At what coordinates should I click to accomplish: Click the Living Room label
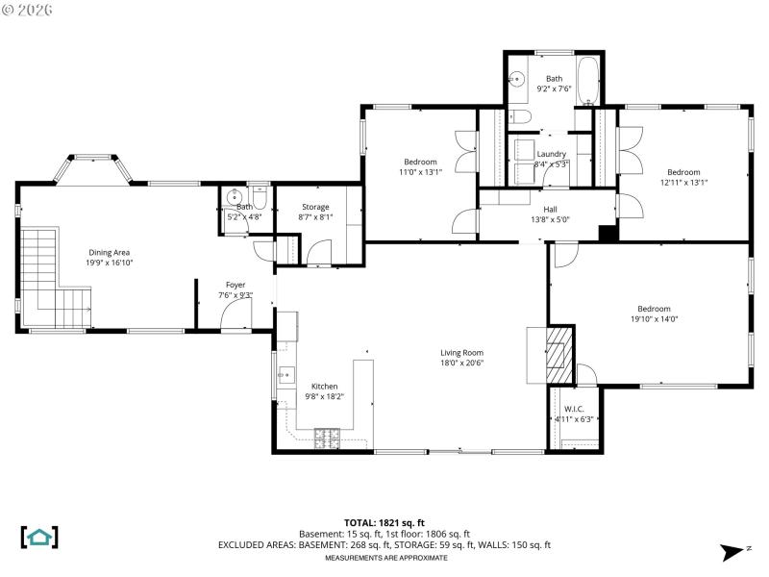pos(461,352)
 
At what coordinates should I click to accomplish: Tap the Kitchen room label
pos(324,387)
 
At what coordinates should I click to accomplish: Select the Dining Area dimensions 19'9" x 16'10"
pos(110,263)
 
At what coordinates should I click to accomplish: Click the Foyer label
pos(236,285)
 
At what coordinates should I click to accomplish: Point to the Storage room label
pos(315,207)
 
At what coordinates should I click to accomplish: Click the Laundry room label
pos(552,154)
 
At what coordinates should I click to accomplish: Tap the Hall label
pos(550,209)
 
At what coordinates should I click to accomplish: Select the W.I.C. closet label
pos(575,408)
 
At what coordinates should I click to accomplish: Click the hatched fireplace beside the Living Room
pos(558,356)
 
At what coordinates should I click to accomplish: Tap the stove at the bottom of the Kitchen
pos(328,439)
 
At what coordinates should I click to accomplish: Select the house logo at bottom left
pos(38,537)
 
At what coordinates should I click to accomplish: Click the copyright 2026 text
pos(28,10)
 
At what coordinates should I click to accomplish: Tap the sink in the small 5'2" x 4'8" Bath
pos(234,198)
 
